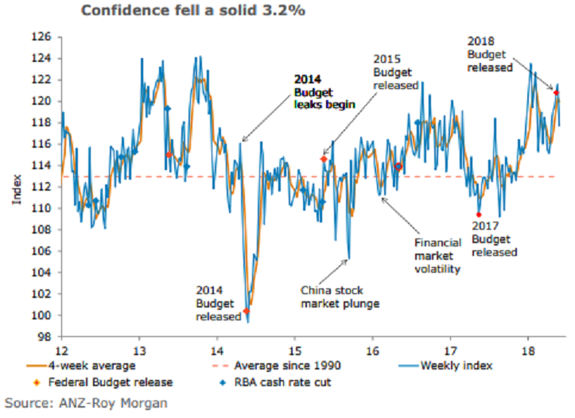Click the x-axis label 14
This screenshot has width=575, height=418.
pyautogui.click(x=216, y=350)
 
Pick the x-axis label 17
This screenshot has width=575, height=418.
pyautogui.click(x=450, y=350)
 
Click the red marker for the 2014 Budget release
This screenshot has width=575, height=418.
pyautogui.click(x=247, y=311)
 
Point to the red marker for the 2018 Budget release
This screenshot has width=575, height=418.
pyautogui.click(x=556, y=93)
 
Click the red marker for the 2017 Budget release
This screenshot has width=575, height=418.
pyautogui.click(x=479, y=215)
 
